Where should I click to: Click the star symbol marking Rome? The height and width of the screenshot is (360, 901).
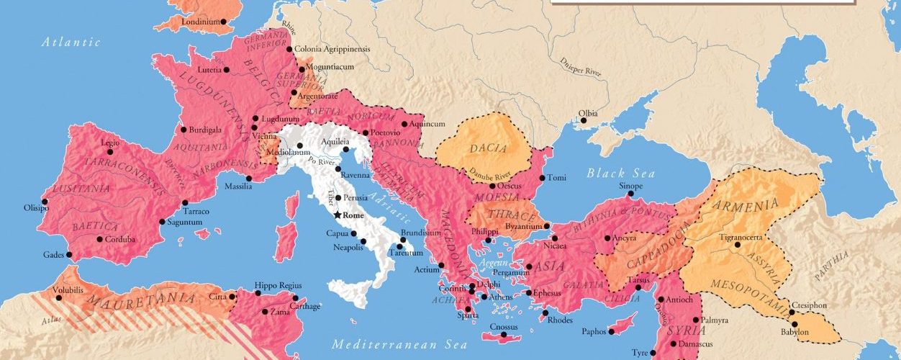tap(338, 215)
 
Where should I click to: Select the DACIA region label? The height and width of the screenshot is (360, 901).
tap(489, 149)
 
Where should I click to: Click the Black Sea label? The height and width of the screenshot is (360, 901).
tap(620, 173)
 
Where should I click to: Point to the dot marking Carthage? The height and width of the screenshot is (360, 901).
tap(296, 297)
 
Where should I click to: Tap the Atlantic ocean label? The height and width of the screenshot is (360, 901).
tap(71, 42)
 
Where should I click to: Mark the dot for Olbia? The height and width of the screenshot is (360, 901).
tap(584, 120)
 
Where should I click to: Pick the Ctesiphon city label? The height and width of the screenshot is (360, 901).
tap(812, 305)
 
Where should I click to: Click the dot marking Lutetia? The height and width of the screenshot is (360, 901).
tap(226, 70)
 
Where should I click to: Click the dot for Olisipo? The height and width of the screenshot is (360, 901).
tap(45, 202)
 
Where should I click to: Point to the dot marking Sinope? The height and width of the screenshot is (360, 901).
tap(630, 193)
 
